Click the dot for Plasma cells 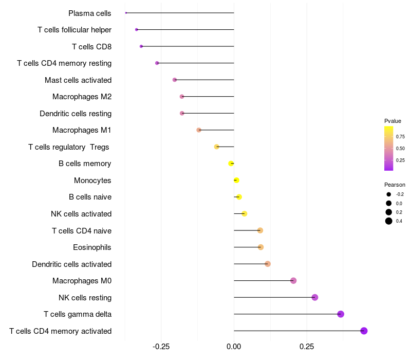click(x=126, y=13)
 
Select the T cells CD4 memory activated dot click(x=364, y=331)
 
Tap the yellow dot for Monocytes click(x=236, y=180)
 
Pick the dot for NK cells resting click(x=315, y=297)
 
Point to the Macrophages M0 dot click(x=293, y=280)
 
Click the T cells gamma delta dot click(x=341, y=314)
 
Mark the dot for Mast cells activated click(x=175, y=80)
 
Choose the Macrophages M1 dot click(x=199, y=130)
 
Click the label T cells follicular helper click(x=74, y=30)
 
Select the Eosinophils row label click(x=92, y=247)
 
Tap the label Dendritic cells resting click(x=76, y=113)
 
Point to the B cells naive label click(x=90, y=197)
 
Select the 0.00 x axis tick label click(x=234, y=347)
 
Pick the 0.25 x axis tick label click(x=307, y=347)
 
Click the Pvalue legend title click(x=393, y=121)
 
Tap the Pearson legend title click(x=395, y=185)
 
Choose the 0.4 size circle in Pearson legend click(x=389, y=221)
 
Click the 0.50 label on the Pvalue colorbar click(x=400, y=149)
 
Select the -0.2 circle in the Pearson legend click(x=389, y=194)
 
